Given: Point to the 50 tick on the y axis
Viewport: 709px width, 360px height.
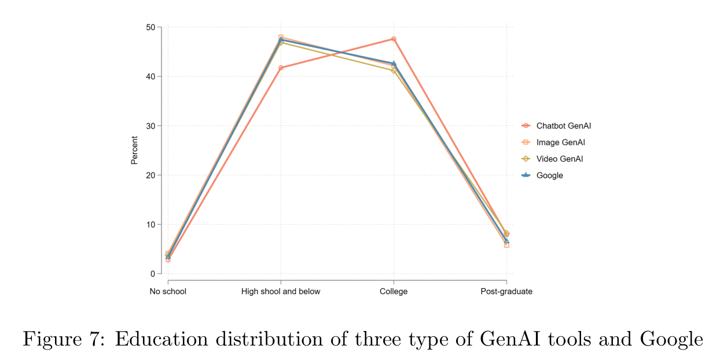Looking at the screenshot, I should [150, 27].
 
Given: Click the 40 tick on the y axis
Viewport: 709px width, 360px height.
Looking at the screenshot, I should [150, 76].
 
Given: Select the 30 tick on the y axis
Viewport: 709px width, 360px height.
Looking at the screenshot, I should [150, 126].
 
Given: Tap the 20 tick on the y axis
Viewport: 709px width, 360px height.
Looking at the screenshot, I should [150, 175].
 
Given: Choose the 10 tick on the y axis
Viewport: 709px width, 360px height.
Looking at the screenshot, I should [150, 225].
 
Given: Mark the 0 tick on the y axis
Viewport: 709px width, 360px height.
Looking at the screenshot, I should [152, 274].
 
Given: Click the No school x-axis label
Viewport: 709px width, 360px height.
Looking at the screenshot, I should [168, 292].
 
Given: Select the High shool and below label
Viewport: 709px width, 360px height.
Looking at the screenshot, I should [281, 292].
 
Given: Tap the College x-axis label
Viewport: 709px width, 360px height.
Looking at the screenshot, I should [394, 292].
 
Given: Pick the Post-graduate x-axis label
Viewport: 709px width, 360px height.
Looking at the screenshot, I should [506, 292].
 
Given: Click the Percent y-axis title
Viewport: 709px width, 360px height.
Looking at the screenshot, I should [134, 150].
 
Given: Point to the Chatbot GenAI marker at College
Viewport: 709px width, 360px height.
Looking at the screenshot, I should [394, 39].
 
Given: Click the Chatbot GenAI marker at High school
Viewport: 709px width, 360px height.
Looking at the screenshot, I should [281, 68].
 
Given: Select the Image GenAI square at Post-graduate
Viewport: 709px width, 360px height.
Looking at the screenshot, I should [506, 245].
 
